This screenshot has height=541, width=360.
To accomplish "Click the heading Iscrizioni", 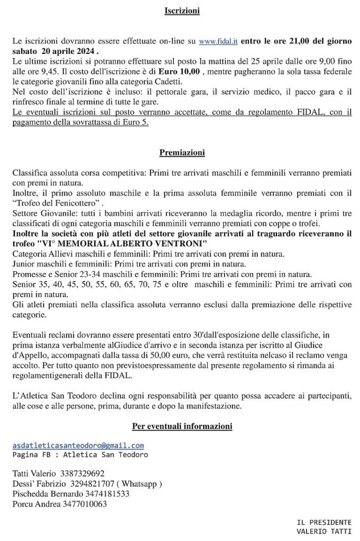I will (182, 10).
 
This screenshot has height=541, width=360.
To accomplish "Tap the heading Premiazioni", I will (182, 153).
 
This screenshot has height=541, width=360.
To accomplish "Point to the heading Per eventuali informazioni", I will (182, 426).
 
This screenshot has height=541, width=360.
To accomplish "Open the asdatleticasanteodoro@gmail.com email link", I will (78, 446).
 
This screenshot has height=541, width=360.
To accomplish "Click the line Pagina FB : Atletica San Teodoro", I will (80, 455).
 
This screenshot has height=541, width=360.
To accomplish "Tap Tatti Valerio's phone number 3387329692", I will (82, 473).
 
